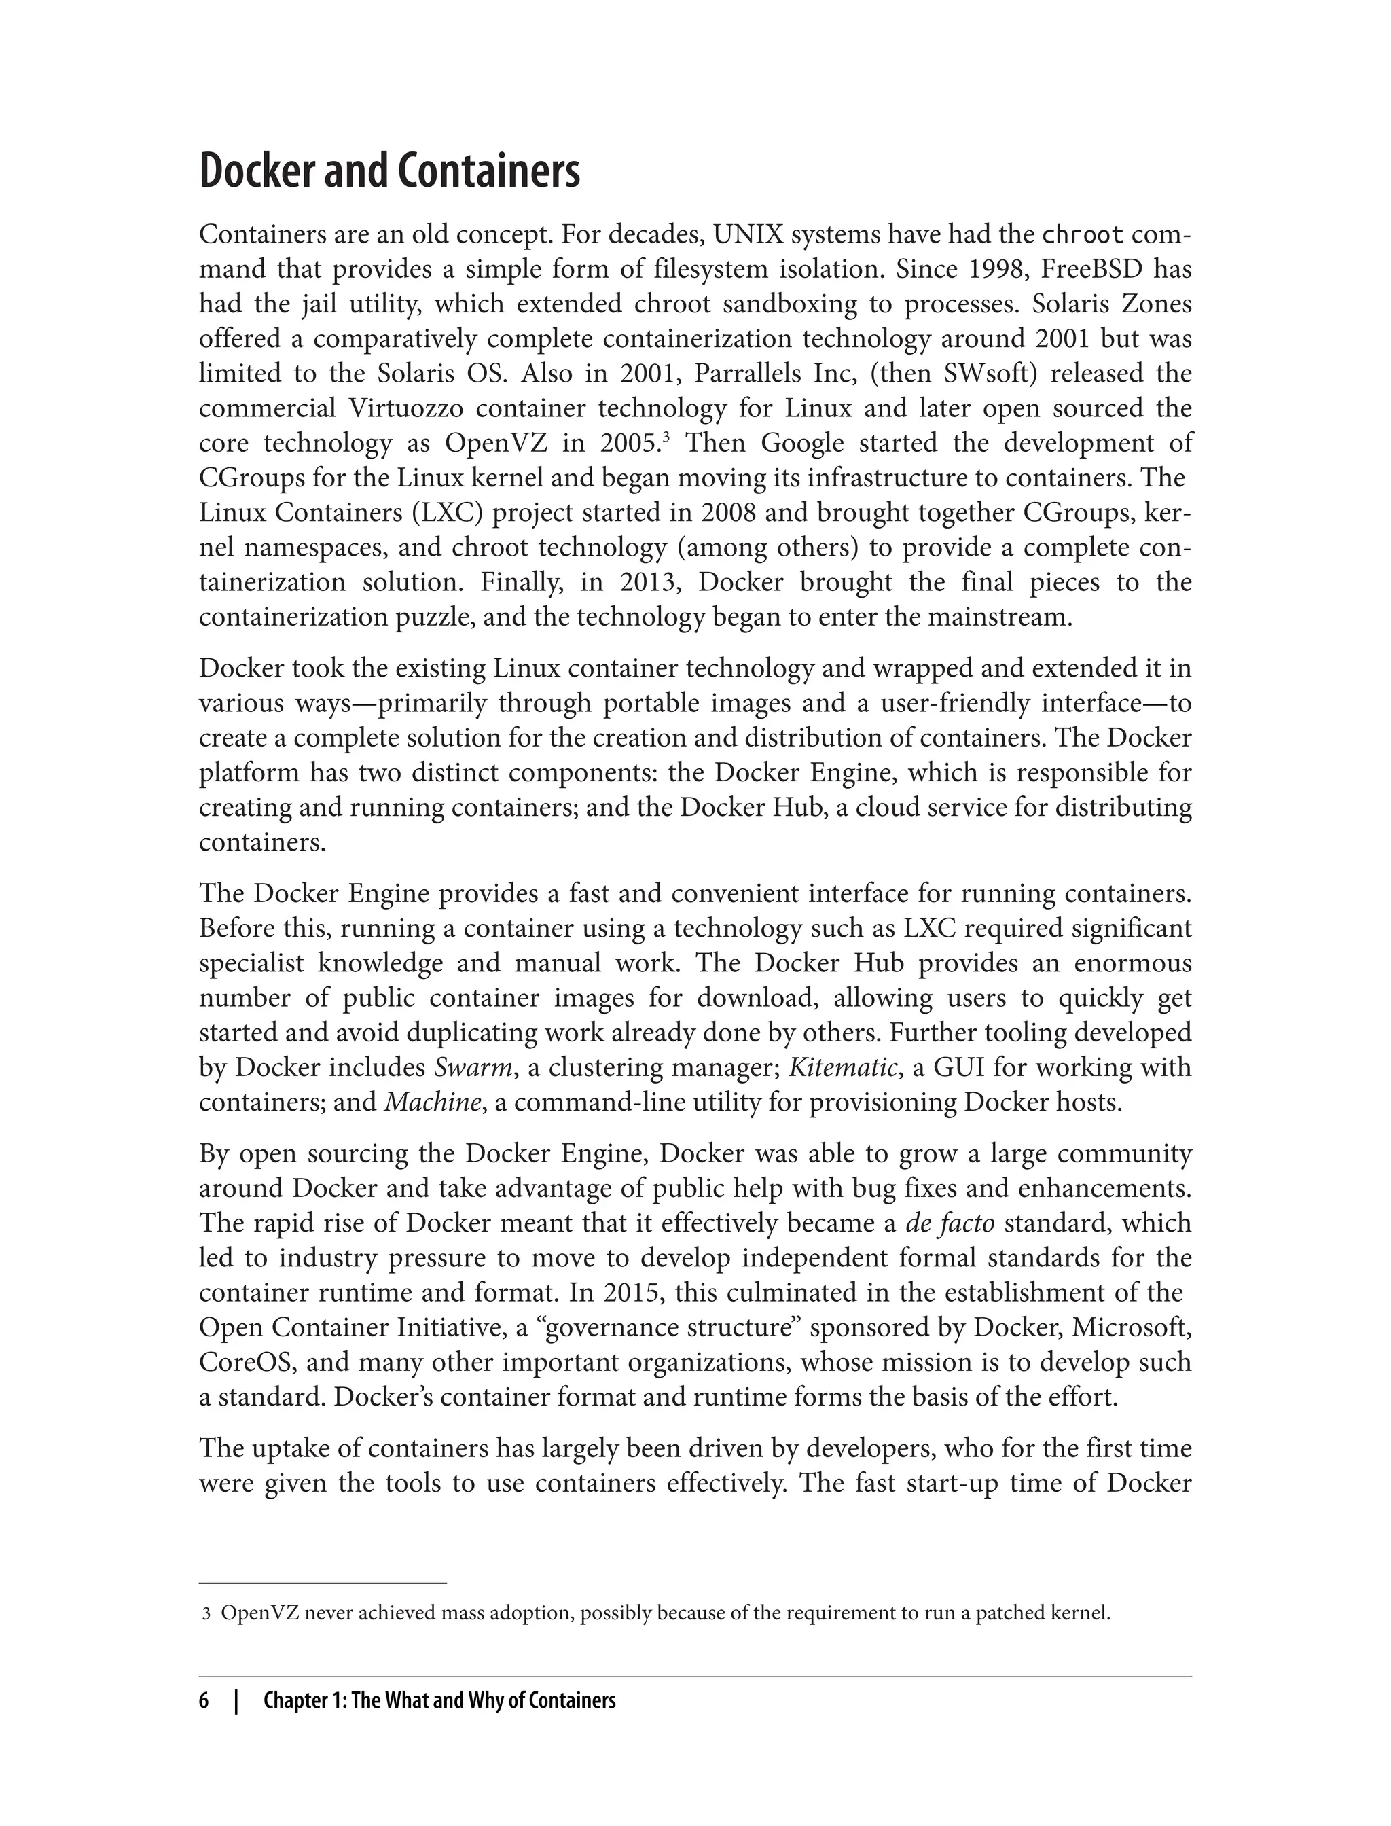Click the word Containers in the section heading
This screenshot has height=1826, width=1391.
coord(488,171)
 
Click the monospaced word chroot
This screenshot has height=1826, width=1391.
coord(1082,235)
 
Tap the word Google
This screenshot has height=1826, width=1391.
coord(802,444)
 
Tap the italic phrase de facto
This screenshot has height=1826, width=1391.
coord(950,1224)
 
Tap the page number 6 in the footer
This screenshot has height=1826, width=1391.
coord(204,1701)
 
